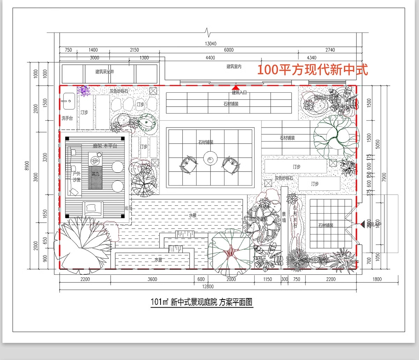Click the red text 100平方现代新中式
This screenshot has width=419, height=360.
pyautogui.click(x=313, y=70)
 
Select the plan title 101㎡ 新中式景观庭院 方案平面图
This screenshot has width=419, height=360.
pyautogui.click(x=201, y=302)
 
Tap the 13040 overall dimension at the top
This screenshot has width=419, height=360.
pyautogui.click(x=211, y=44)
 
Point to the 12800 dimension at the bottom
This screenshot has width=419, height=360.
pyautogui.click(x=208, y=287)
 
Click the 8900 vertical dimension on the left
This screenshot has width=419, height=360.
pyautogui.click(x=27, y=166)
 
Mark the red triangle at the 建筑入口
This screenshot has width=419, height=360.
pyautogui.click(x=236, y=87)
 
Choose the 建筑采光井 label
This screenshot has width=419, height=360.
pyautogui.click(x=105, y=72)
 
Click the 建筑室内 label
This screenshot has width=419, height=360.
pyautogui.click(x=234, y=66)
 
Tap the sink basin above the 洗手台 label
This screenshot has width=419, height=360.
pyautogui.click(x=68, y=101)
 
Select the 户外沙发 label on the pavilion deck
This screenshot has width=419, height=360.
pyautogui.click(x=76, y=177)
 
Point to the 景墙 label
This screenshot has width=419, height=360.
pyautogui.click(x=284, y=217)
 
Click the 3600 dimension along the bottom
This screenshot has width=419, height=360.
pyautogui.click(x=152, y=279)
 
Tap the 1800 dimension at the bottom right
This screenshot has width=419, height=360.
pyautogui.click(x=377, y=279)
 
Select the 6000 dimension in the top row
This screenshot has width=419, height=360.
pyautogui.click(x=229, y=50)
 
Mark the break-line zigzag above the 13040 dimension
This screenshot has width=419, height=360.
pyautogui.click(x=209, y=33)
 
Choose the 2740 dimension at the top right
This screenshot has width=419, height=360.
pyautogui.click(x=330, y=50)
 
